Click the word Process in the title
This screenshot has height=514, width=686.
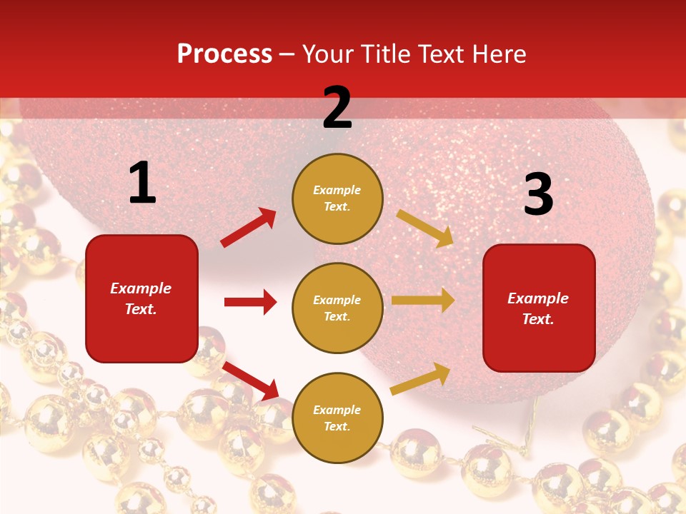(x=224, y=54)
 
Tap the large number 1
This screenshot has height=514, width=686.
(x=142, y=183)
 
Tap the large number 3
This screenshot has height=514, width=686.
(x=538, y=195)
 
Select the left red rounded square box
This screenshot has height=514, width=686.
(x=141, y=298)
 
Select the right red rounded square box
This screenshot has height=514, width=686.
(x=539, y=308)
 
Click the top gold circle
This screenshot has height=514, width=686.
(x=337, y=198)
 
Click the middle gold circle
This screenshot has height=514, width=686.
(x=337, y=308)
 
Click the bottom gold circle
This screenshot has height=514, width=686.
(x=337, y=418)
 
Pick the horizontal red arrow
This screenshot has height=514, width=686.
(x=250, y=302)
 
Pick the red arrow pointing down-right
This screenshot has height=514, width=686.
(x=251, y=381)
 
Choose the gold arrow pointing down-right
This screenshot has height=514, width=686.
(x=425, y=228)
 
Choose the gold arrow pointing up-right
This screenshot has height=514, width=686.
(x=421, y=378)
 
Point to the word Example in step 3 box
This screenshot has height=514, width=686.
(x=538, y=298)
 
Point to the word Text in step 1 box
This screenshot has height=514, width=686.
(x=140, y=309)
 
